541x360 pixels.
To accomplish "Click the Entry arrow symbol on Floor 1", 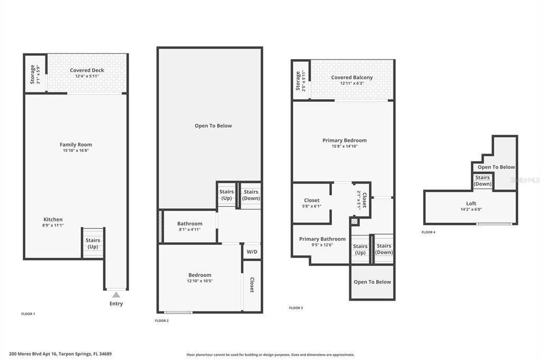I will [116, 295].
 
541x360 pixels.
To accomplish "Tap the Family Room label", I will [76, 145].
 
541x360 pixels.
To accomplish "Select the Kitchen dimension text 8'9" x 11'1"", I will [53, 225].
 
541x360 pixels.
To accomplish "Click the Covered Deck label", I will [87, 70].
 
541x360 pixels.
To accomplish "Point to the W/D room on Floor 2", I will [251, 252].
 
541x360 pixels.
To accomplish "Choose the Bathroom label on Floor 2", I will [190, 224].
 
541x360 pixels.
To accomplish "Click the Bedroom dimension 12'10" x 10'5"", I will [200, 281].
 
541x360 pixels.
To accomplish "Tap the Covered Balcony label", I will [352, 78].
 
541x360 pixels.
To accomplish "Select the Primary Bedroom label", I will [344, 140].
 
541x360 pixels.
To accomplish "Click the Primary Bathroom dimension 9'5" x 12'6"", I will [322, 245].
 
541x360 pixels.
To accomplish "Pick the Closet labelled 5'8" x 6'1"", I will [312, 203].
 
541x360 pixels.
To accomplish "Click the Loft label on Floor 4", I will [471, 203].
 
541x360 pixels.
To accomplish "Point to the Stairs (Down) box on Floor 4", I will [482, 181].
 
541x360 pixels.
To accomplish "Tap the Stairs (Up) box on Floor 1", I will [93, 243].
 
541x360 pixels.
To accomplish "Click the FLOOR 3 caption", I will [296, 308].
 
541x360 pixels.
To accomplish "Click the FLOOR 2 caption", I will [162, 320].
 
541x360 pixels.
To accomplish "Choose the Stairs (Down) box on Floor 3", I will [384, 249].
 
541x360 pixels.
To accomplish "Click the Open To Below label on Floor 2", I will [213, 126].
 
